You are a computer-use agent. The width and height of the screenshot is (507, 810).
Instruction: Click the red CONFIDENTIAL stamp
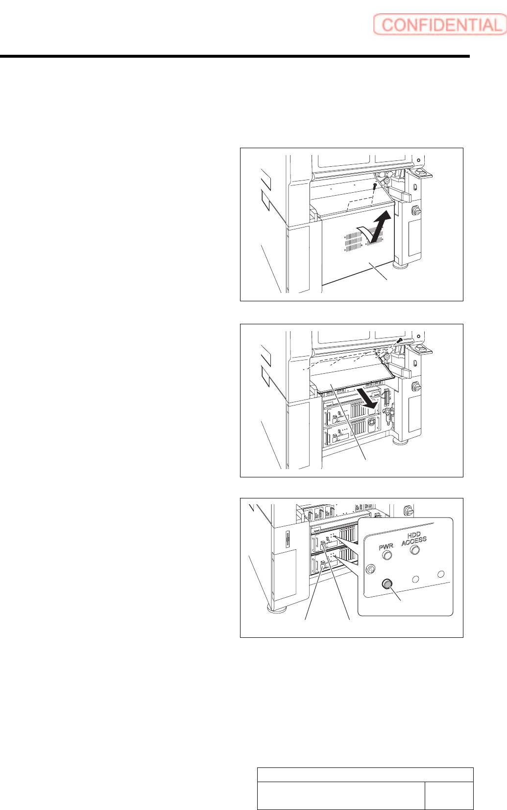pyautogui.click(x=439, y=24)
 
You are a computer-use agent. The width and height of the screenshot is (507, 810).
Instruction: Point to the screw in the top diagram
pyautogui.click(x=375, y=186)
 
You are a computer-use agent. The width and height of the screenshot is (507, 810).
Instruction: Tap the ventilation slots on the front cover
pyautogui.click(x=354, y=240)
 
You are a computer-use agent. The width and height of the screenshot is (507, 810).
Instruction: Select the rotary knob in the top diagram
pyautogui.click(x=416, y=210)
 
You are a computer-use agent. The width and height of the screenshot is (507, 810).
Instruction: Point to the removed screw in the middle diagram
pyautogui.click(x=400, y=340)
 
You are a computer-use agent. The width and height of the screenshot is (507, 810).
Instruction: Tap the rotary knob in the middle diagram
pyautogui.click(x=416, y=386)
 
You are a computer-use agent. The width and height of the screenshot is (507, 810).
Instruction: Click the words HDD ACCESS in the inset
pyautogui.click(x=414, y=538)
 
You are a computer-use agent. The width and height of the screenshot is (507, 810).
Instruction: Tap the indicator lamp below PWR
pyautogui.click(x=387, y=555)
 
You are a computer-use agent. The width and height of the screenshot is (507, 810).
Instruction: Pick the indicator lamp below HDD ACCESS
pyautogui.click(x=415, y=550)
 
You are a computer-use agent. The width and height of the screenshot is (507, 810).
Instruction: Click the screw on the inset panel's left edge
pyautogui.click(x=371, y=569)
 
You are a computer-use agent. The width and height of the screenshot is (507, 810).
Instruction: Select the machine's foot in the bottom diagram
pyautogui.click(x=276, y=608)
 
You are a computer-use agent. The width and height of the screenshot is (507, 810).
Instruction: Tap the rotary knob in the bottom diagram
pyautogui.click(x=408, y=511)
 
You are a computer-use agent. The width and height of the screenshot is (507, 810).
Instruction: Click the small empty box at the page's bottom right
pyautogui.click(x=449, y=795)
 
